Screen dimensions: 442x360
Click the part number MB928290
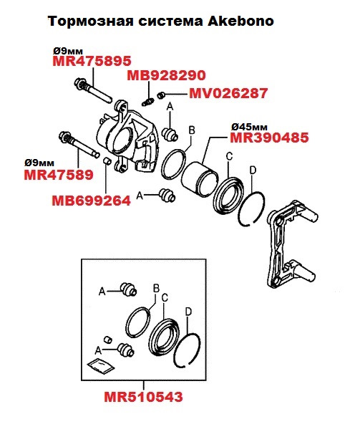(x=166, y=76)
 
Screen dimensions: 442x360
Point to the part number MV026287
(x=228, y=93)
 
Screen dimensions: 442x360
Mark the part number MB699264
(x=91, y=201)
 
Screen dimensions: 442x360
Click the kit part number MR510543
(x=142, y=396)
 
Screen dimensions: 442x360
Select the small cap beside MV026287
(x=162, y=95)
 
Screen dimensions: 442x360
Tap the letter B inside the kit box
(x=155, y=288)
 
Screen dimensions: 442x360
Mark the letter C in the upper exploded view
(x=229, y=157)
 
